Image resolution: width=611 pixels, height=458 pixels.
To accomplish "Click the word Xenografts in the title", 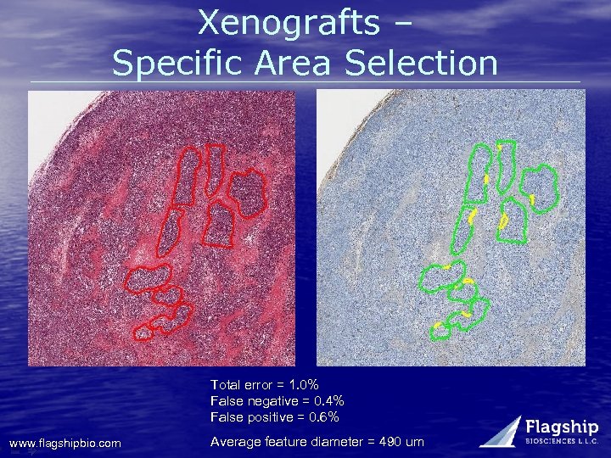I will pos(289,23).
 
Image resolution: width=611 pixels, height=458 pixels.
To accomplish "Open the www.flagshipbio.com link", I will pos(64,443).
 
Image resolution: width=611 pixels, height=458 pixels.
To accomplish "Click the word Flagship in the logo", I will pos(562,427).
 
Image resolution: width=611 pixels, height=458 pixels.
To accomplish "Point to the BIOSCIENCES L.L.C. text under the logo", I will pos(562,441).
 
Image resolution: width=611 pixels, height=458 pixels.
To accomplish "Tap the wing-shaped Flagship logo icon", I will pos(501,431).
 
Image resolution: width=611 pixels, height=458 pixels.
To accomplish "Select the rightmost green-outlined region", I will pos(539,187).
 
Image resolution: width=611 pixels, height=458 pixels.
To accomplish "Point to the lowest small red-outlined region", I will pos(143,331).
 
